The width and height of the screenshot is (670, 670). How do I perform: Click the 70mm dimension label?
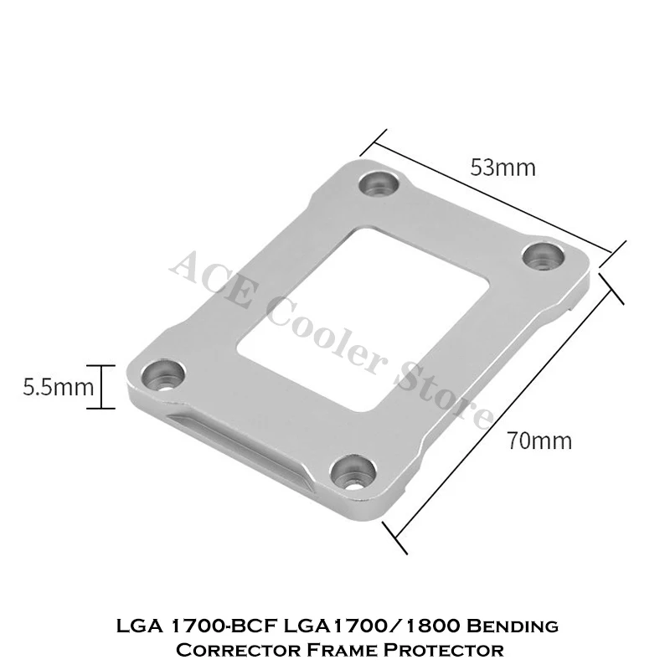pos(539,441)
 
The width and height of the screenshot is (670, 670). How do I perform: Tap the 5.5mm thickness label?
pos(58,388)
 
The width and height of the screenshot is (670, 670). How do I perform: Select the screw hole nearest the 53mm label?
pos(379,183)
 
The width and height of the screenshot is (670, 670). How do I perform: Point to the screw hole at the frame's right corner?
pos(544,256)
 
